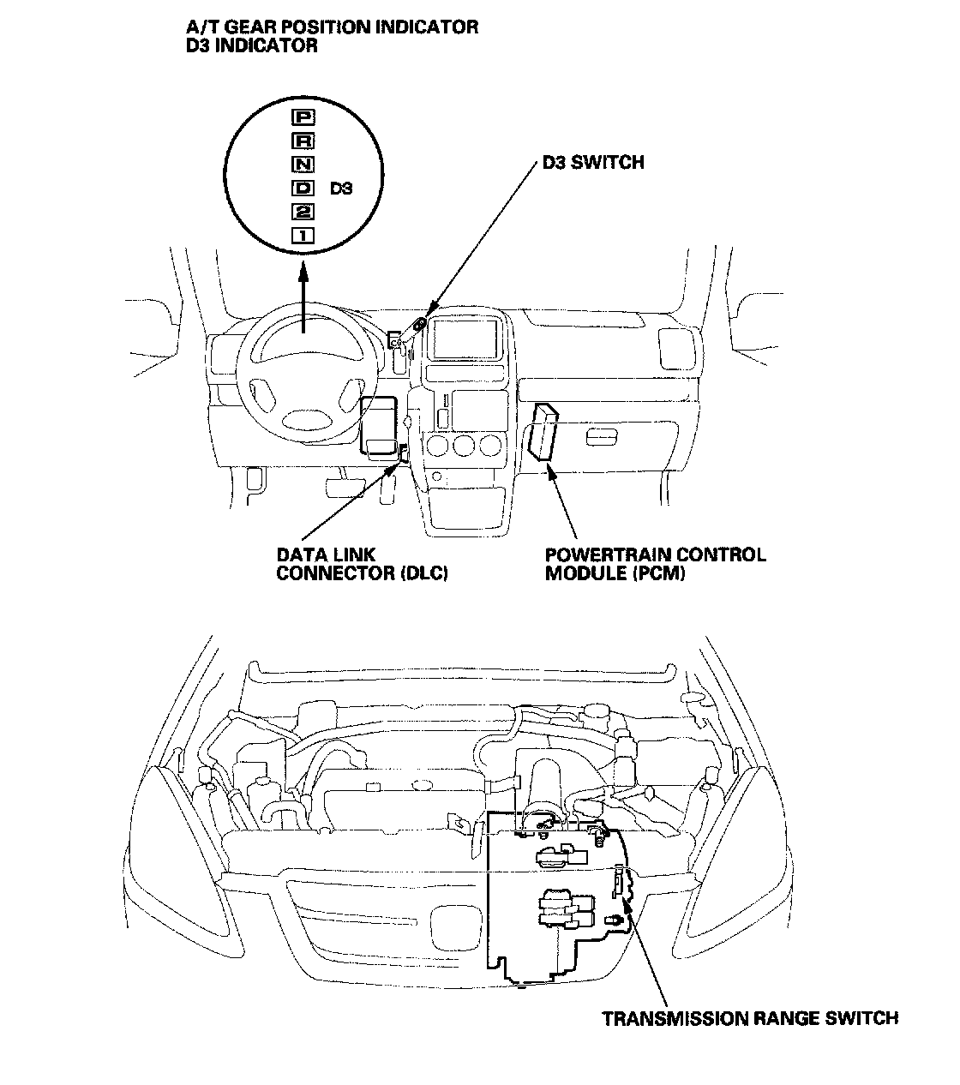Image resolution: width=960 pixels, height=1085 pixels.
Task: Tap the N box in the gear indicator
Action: point(303,164)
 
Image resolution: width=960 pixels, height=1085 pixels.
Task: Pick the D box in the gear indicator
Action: point(303,188)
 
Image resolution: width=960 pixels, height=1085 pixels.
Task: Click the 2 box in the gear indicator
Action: point(303,212)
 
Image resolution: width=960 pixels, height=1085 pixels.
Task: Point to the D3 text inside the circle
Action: point(341,188)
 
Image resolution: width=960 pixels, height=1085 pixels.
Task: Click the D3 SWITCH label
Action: point(592,162)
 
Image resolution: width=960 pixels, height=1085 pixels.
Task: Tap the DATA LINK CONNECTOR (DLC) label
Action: point(362,564)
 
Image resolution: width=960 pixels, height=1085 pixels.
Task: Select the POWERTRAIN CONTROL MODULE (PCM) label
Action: point(655,564)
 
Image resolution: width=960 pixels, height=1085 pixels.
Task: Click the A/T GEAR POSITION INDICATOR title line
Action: point(332,27)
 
